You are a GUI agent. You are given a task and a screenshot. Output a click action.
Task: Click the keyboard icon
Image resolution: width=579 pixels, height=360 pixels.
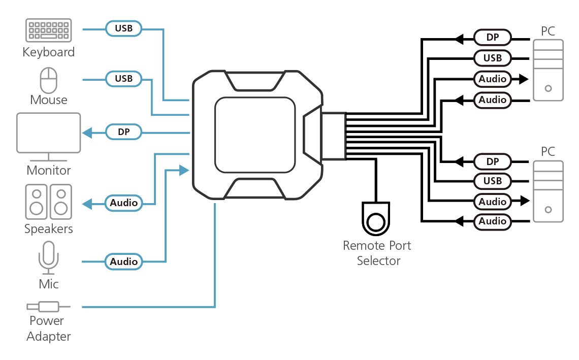pyautogui.click(x=48, y=30)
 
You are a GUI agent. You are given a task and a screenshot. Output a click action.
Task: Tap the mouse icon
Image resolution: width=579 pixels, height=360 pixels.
pyautogui.click(x=48, y=80)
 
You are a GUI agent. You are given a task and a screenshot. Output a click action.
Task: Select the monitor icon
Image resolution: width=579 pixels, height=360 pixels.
pyautogui.click(x=48, y=137)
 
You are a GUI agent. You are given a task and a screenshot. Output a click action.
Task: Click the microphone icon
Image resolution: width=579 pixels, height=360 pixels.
pyautogui.click(x=48, y=258)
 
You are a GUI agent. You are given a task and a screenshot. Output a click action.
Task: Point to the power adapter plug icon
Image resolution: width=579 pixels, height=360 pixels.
pyautogui.click(x=48, y=307)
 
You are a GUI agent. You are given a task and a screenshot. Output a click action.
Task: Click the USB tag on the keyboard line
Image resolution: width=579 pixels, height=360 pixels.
pyautogui.click(x=124, y=28)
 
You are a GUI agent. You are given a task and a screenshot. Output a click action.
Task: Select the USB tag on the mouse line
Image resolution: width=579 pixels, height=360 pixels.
pyautogui.click(x=124, y=79)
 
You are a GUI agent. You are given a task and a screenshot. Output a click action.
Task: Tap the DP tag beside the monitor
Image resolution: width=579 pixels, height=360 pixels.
pyautogui.click(x=124, y=132)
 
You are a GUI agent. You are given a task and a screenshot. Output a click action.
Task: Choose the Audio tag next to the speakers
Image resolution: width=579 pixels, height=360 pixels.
pyautogui.click(x=124, y=203)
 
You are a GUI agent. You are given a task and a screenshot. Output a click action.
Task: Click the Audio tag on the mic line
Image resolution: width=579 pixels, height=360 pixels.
pyautogui.click(x=124, y=261)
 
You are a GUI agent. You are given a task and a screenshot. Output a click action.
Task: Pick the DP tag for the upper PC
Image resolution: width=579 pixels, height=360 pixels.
pyautogui.click(x=493, y=37)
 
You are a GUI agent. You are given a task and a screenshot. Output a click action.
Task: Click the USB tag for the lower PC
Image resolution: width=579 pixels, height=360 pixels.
pyautogui.click(x=493, y=181)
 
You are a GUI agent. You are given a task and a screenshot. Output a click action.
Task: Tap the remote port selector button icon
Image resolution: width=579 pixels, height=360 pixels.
pyautogui.click(x=376, y=218)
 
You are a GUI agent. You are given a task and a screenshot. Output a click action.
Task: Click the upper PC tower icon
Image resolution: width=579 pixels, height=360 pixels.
pyautogui.click(x=549, y=70)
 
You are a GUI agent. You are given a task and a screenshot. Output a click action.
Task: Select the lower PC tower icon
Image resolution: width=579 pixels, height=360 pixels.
pyautogui.click(x=549, y=191)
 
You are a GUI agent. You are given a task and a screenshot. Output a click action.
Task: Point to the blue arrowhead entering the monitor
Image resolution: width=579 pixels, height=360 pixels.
pyautogui.click(x=87, y=133)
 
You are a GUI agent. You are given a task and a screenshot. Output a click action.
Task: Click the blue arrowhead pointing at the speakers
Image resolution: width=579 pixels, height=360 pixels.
pyautogui.click(x=87, y=204)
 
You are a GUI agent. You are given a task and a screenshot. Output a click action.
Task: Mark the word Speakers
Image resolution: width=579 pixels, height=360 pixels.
pyautogui.click(x=48, y=229)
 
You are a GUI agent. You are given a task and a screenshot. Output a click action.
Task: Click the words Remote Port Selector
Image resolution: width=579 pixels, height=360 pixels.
pyautogui.click(x=377, y=253)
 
